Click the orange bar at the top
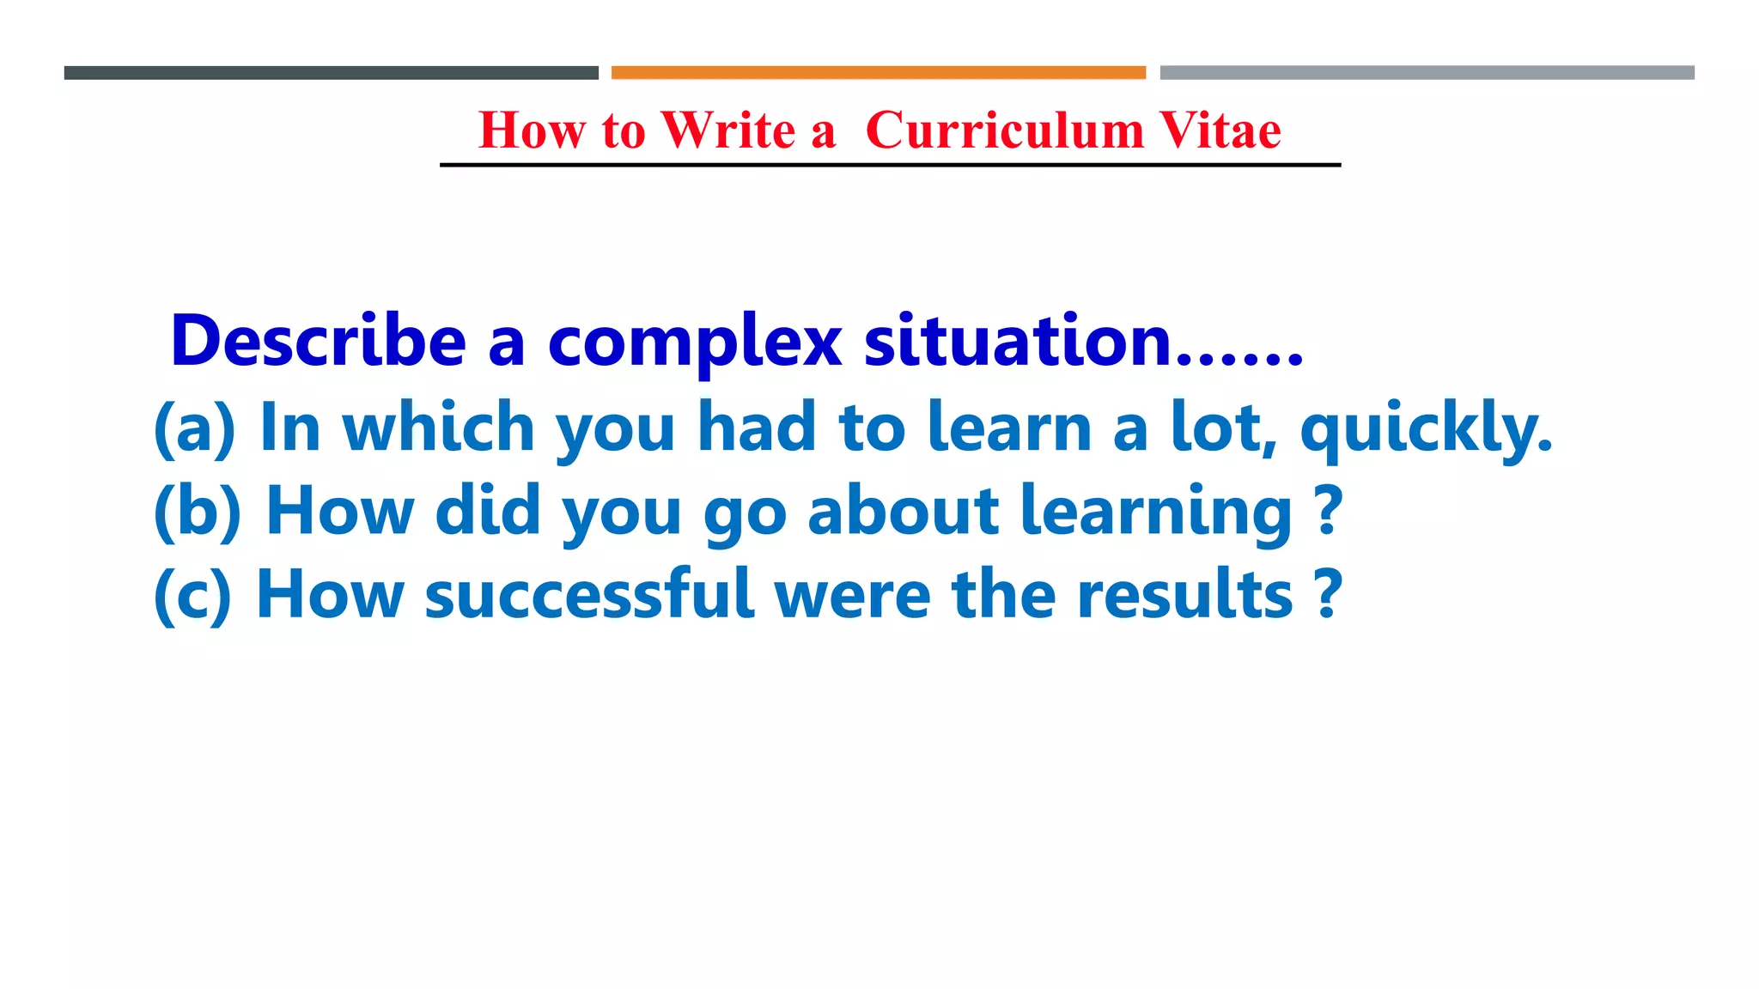tap(878, 73)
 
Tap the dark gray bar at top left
tap(331, 73)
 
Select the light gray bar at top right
tap(1427, 73)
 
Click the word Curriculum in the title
tap(1004, 131)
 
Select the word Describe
tap(318, 342)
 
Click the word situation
tap(1018, 341)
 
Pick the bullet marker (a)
tap(194, 428)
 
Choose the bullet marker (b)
tap(198, 512)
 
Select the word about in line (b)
tap(903, 511)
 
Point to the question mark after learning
tap(1329, 511)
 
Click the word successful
tap(589, 594)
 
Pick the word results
tap(1184, 594)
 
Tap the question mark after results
tap(1329, 594)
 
